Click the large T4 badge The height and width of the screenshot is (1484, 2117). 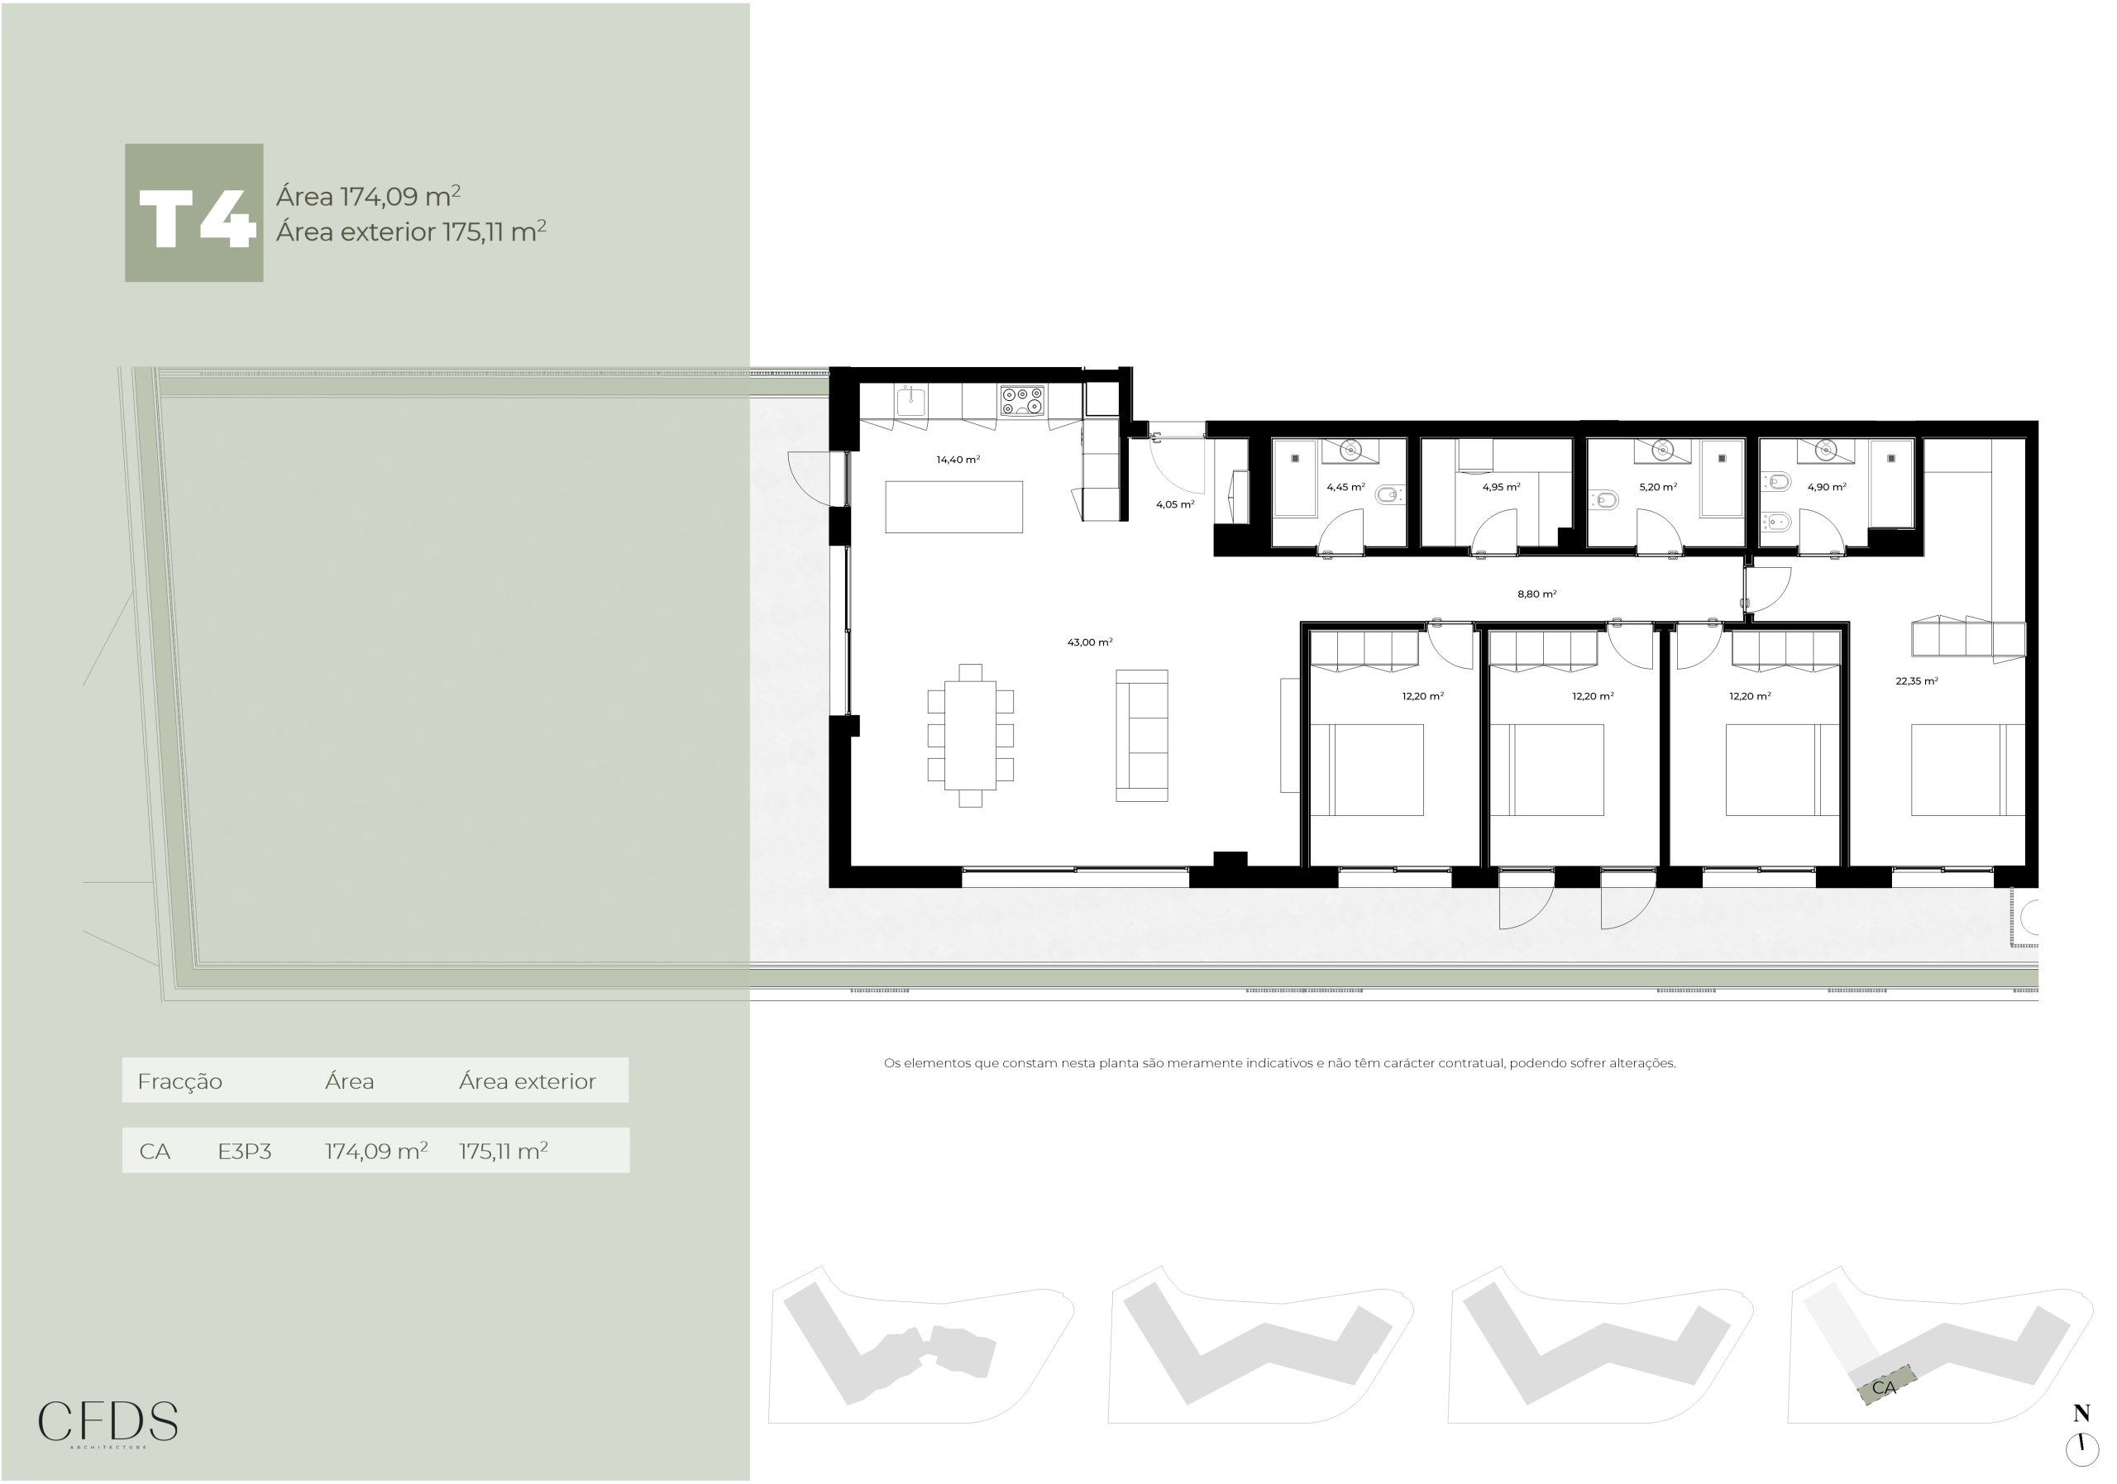pyautogui.click(x=194, y=213)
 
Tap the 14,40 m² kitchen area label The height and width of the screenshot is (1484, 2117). pyautogui.click(x=958, y=459)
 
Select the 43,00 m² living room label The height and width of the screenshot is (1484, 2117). pyautogui.click(x=1090, y=642)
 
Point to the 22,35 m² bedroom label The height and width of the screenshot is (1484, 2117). pyautogui.click(x=1917, y=681)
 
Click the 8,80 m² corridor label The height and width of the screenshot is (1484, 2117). pyautogui.click(x=1537, y=594)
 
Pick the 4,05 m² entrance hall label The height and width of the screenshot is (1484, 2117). pyautogui.click(x=1176, y=504)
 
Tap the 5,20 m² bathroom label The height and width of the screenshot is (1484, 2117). pyautogui.click(x=1658, y=487)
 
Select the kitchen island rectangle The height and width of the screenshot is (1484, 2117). pyautogui.click(x=954, y=507)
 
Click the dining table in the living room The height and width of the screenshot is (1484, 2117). pyautogui.click(x=970, y=736)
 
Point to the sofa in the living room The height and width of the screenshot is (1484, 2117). pyautogui.click(x=1141, y=736)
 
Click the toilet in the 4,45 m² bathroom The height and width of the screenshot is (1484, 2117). pyautogui.click(x=1388, y=496)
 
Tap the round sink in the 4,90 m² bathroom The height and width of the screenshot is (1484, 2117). pyautogui.click(x=1827, y=451)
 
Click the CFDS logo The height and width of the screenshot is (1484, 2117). pyautogui.click(x=108, y=1423)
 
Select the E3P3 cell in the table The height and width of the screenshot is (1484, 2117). pyautogui.click(x=244, y=1152)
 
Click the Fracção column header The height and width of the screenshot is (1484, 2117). pyautogui.click(x=179, y=1081)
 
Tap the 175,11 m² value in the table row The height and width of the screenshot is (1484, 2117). pyautogui.click(x=504, y=1150)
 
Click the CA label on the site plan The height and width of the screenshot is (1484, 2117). pyautogui.click(x=1884, y=1387)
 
